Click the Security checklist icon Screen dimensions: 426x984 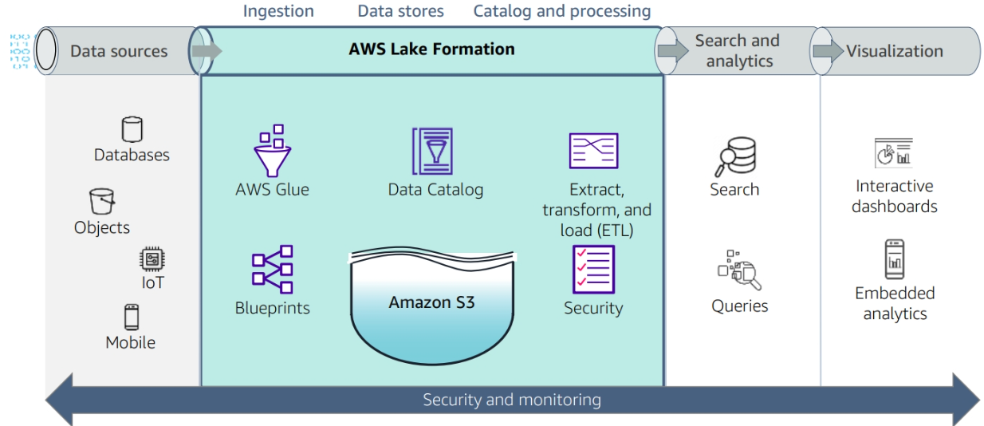coord(593,270)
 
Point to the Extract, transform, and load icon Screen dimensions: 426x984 coord(593,151)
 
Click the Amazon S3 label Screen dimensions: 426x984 coord(431,302)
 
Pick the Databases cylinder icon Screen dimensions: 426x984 coord(132,129)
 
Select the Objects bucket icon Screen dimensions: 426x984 coord(102,202)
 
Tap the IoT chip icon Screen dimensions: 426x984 coord(152,259)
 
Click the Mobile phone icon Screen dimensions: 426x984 coord(132,317)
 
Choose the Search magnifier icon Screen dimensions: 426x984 coord(734,157)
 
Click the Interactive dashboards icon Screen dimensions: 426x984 coord(894,152)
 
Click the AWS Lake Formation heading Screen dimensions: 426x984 coord(431,49)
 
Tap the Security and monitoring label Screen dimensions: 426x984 coord(512,400)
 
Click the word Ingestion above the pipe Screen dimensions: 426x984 coord(278,11)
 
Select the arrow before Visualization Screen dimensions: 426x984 coord(828,51)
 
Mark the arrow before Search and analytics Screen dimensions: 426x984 coord(672,50)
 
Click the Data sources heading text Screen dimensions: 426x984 coord(119,51)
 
